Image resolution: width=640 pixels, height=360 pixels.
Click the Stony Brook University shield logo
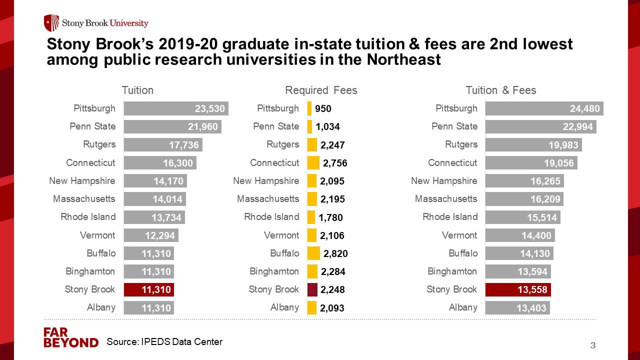[51, 23]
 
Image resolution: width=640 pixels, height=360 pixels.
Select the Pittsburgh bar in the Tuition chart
[176, 108]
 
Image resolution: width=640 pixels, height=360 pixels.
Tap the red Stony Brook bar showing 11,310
[148, 289]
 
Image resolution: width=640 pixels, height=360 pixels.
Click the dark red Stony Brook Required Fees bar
[312, 289]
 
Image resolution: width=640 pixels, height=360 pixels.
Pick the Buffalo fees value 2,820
[335, 253]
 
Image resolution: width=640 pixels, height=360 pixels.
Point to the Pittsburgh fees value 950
[323, 108]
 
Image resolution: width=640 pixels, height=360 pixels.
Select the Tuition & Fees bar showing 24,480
[544, 108]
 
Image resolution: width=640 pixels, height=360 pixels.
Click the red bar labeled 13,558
[518, 289]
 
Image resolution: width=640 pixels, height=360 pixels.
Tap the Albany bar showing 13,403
[517, 307]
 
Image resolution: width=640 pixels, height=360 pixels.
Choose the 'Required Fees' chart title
[321, 90]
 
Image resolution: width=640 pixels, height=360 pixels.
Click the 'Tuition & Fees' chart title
[500, 90]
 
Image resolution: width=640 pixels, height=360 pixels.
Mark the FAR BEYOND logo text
[70, 337]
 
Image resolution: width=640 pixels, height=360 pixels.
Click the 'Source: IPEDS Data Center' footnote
[164, 342]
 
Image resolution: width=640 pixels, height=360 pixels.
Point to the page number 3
[593, 345]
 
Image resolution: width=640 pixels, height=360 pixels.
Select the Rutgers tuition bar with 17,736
[163, 145]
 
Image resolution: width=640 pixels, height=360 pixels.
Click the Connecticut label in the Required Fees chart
[274, 163]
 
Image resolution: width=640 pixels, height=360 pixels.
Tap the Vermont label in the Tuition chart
[97, 235]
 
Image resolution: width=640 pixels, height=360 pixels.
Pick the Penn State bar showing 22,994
[540, 126]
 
